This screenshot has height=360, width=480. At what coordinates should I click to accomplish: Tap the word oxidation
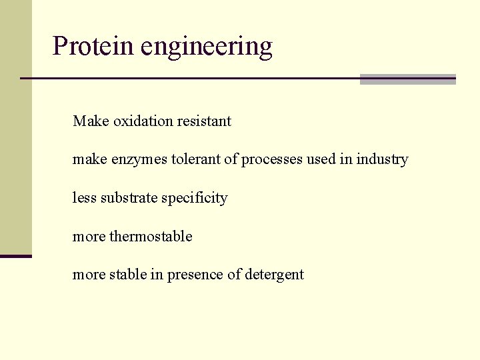click(x=143, y=121)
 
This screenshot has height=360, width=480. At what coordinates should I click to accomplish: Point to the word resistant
click(x=204, y=121)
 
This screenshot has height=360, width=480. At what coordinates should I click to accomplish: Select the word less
click(x=85, y=198)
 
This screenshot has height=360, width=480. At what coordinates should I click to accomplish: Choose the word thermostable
click(x=151, y=237)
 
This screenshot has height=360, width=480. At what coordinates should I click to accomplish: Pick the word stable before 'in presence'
click(x=128, y=275)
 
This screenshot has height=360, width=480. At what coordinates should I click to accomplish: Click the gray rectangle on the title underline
click(x=407, y=79)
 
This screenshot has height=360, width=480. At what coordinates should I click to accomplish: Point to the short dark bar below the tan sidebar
click(x=16, y=256)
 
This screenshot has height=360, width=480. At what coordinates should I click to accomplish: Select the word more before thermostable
click(x=89, y=237)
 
